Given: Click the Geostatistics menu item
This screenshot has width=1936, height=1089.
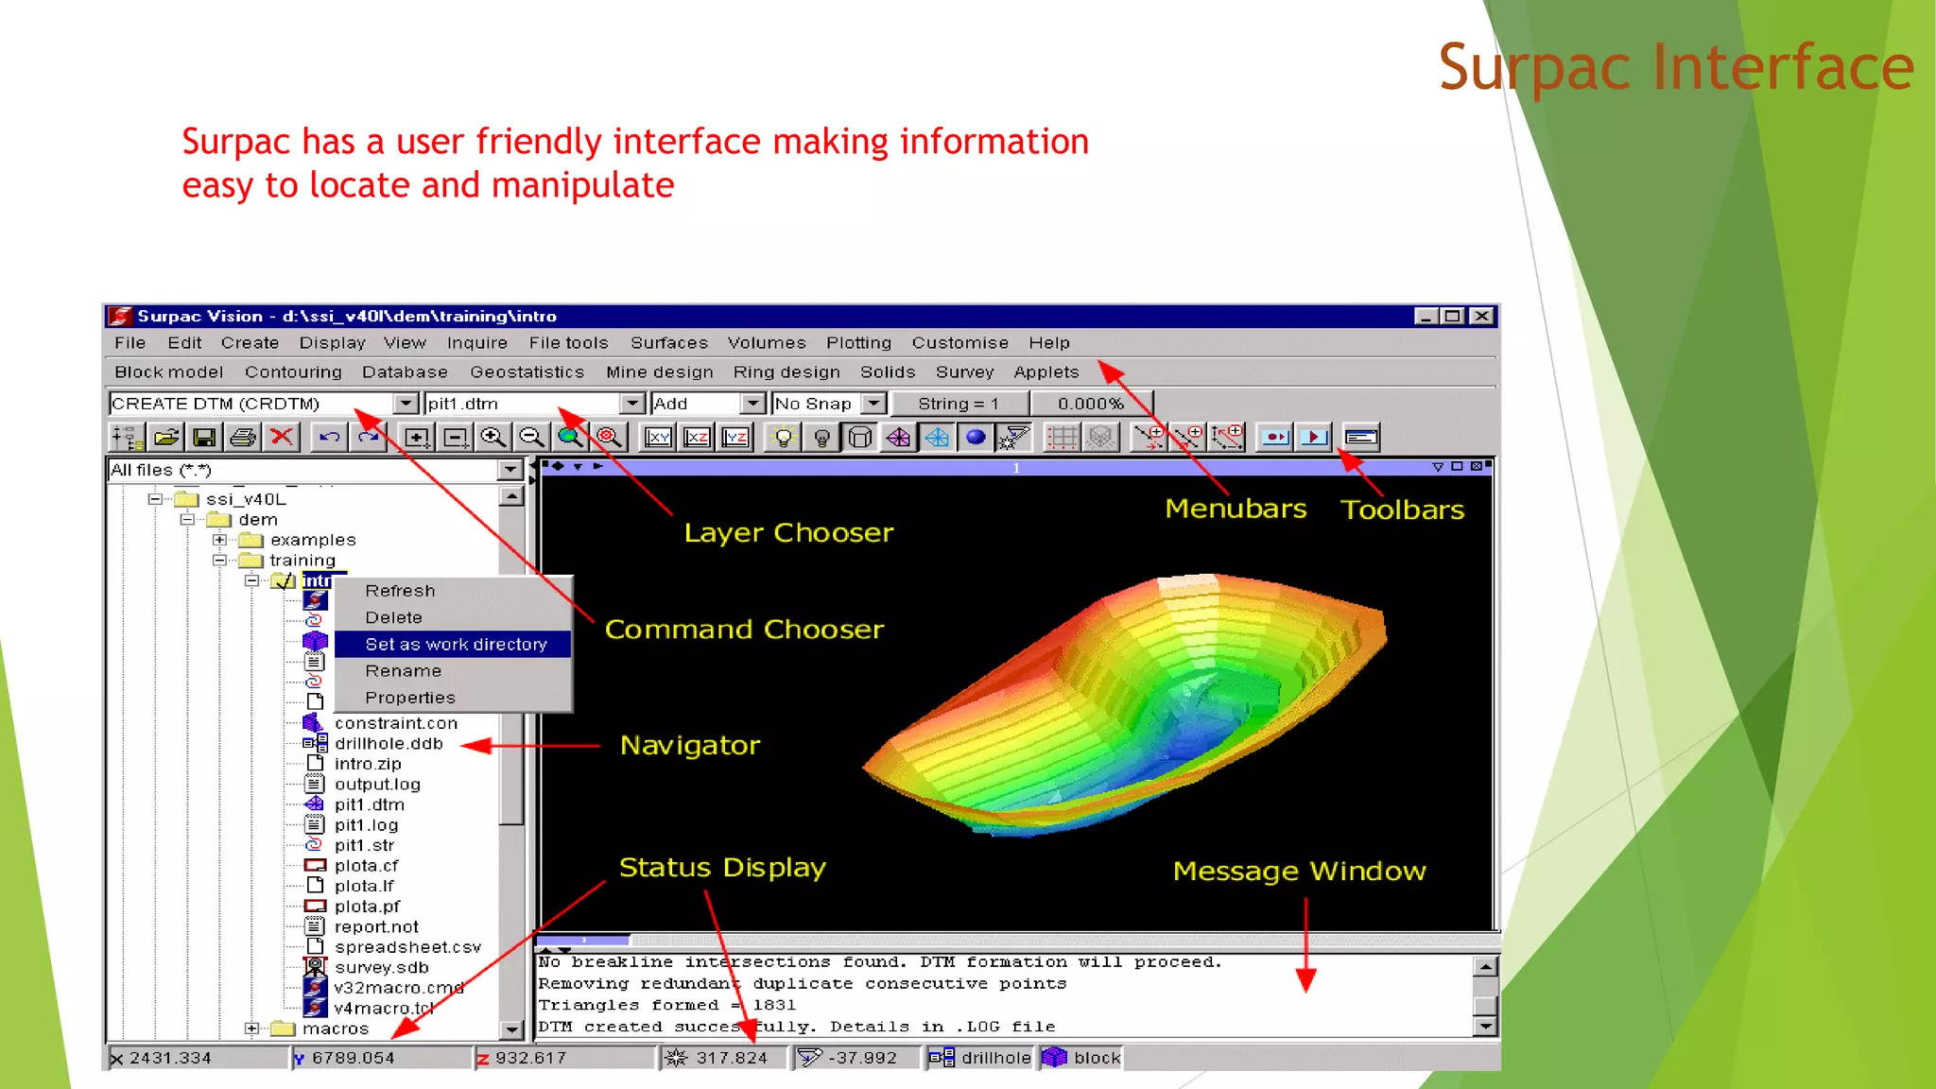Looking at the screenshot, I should point(527,372).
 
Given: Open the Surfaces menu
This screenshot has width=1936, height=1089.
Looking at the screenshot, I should point(668,343).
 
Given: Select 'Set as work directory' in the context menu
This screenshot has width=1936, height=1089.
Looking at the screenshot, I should point(456,645).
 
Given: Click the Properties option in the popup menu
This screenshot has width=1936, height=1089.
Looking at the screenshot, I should point(409,698).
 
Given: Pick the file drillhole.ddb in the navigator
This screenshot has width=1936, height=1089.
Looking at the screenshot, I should point(388,744).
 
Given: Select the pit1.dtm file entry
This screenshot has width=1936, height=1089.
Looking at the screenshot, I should point(369,805).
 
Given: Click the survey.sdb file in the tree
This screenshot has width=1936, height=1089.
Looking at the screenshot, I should point(381,968).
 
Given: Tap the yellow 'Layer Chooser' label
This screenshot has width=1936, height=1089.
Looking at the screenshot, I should point(788,533).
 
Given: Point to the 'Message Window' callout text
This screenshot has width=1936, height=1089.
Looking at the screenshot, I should point(1299,871).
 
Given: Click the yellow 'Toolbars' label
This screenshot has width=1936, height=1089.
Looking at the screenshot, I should point(1402,510).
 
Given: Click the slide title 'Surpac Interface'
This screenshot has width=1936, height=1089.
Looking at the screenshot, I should point(1675,68).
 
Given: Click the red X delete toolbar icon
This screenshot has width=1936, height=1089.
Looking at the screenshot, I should point(281,437).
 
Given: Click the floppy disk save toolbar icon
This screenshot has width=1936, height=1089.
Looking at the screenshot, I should point(204,437).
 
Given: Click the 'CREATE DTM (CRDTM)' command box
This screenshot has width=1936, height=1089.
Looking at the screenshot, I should point(251,404).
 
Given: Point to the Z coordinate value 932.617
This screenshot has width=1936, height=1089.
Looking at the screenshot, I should point(530,1058).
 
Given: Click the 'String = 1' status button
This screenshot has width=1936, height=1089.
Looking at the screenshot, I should point(958,404).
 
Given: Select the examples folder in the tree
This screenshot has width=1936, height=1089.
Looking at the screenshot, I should point(312,541).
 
